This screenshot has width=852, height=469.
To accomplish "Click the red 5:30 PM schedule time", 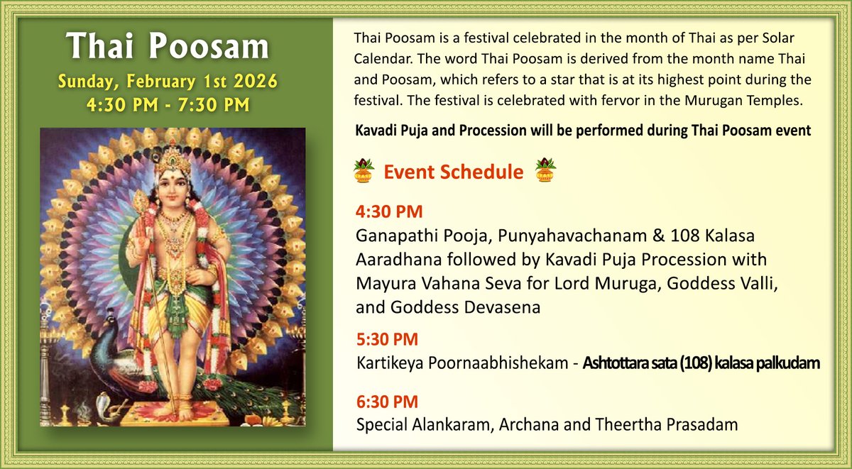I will [387, 339].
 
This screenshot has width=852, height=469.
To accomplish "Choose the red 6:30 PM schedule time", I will [387, 402].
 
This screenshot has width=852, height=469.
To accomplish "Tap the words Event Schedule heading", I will [454, 172].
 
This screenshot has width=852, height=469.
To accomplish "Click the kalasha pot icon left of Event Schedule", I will [364, 171].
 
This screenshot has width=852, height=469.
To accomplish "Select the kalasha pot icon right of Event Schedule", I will [545, 171].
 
